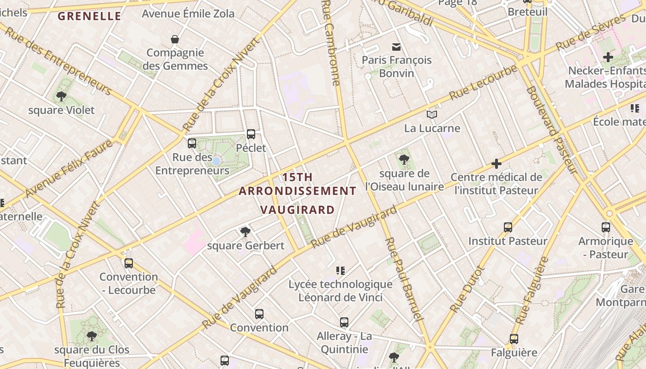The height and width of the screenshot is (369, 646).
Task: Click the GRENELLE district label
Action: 89,17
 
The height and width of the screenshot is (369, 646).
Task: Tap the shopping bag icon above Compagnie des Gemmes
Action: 175,39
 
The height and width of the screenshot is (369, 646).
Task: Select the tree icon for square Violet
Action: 61,96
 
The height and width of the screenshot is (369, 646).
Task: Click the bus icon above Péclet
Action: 251,134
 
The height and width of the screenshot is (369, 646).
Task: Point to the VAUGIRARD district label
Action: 297,210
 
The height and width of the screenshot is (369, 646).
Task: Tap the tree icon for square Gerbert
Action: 245,232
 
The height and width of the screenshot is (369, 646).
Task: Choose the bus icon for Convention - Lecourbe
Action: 129,263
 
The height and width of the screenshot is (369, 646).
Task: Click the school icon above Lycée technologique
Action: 341,271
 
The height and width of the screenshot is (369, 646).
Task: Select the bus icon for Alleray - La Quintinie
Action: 344,322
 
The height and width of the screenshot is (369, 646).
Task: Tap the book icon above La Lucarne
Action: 432,114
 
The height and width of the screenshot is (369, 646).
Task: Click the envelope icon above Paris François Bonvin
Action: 396,47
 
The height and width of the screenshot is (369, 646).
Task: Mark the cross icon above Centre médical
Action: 496,164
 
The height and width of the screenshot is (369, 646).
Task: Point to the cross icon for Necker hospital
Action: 608,57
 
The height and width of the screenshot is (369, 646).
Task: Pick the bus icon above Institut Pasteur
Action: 508,227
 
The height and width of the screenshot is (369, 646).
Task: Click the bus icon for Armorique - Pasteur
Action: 606,227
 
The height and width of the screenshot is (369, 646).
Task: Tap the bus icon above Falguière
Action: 514,339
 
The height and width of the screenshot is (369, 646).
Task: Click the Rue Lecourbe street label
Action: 483,83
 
